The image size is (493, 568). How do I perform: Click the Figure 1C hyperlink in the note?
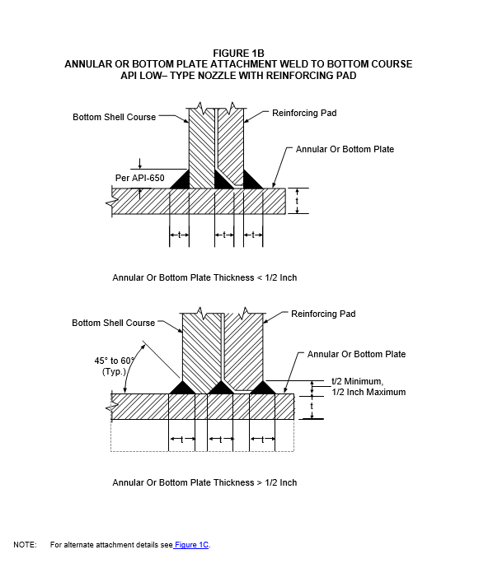coord(191,544)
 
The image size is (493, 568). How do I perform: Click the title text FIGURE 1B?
coord(238,54)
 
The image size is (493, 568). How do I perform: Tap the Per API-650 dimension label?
coord(139,178)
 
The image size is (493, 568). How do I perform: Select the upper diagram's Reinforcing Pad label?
coord(304,113)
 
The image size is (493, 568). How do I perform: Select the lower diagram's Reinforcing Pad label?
coord(323,314)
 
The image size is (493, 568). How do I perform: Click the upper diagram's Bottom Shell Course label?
coord(115,117)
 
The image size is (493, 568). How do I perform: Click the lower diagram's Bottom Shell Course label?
coord(114,323)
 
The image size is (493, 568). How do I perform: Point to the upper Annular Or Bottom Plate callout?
coord(345,149)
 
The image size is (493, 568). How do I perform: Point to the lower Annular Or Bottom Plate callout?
coord(357,354)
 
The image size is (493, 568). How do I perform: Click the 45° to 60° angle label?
coord(115,361)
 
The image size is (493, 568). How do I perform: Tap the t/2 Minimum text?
coord(357,381)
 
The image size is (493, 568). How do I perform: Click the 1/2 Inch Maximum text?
coord(369,392)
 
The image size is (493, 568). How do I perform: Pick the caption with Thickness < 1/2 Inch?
coord(204,278)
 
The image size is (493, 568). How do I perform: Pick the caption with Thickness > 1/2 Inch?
coord(204,482)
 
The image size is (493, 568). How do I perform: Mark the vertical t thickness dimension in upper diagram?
coord(297,201)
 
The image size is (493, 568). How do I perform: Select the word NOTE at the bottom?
coord(25,545)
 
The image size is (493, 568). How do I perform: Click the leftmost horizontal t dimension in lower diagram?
coord(182,440)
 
